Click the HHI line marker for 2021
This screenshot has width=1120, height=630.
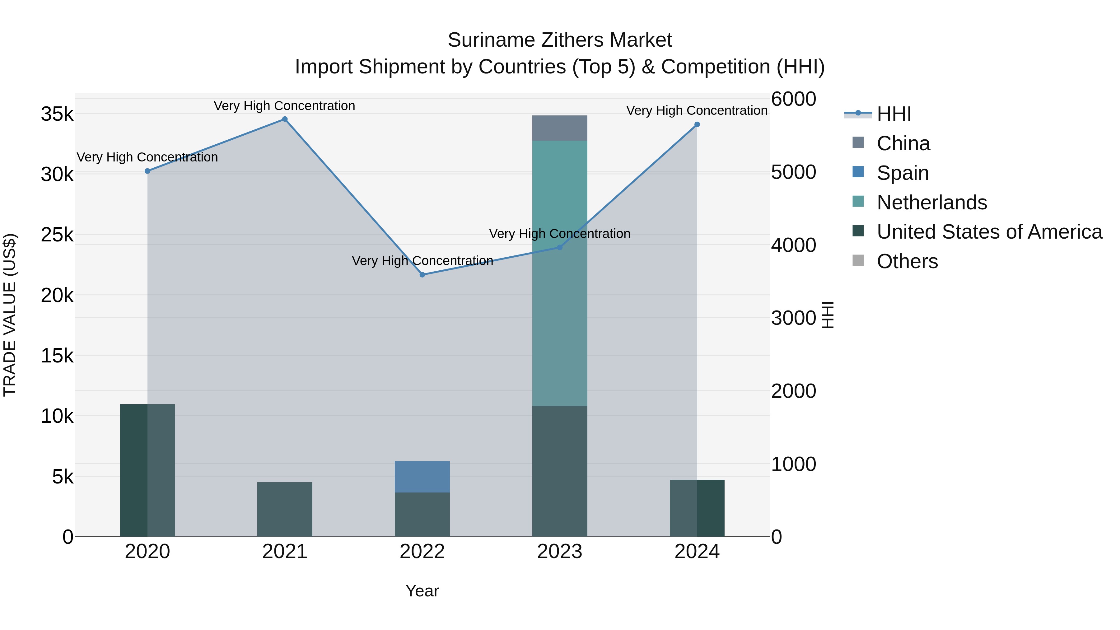tap(285, 119)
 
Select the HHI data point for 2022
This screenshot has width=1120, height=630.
tap(422, 275)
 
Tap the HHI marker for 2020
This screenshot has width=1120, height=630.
tap(147, 171)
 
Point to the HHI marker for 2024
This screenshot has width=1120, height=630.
tap(697, 124)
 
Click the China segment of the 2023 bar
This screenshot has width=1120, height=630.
tap(560, 128)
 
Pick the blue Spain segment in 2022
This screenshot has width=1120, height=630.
tap(422, 477)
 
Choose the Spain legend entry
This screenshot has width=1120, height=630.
tap(902, 173)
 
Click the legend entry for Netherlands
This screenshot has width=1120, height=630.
tap(931, 203)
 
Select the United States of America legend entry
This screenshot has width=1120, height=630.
tap(989, 232)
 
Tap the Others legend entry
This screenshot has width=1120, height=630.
tap(907, 262)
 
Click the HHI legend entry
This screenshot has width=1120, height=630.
tap(894, 114)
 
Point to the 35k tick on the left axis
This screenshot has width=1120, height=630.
tap(57, 115)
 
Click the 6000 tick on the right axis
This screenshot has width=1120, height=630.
tap(793, 99)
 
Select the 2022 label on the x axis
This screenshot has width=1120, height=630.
tap(422, 552)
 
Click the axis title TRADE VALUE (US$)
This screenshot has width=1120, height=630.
tap(10, 315)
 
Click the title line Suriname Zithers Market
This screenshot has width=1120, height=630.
tap(560, 40)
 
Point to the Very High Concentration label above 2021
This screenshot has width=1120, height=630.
tap(284, 106)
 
